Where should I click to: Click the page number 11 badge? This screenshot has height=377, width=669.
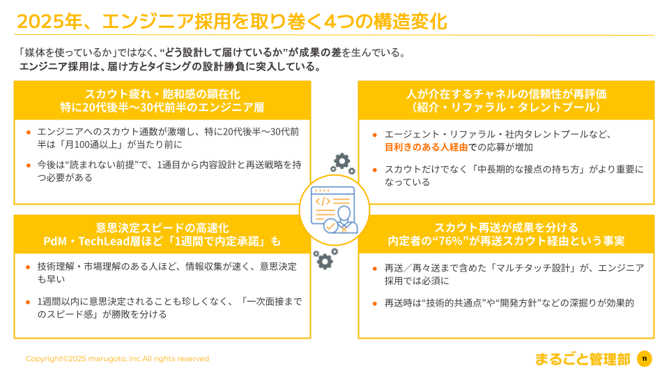pyautogui.click(x=644, y=359)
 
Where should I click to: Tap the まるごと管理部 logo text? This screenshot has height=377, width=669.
pyautogui.click(x=582, y=359)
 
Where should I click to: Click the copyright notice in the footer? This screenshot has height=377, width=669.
pyautogui.click(x=117, y=359)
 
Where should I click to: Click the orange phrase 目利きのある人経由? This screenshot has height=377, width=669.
pyautogui.click(x=426, y=147)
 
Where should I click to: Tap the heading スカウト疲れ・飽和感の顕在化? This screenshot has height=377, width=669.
pyautogui.click(x=162, y=94)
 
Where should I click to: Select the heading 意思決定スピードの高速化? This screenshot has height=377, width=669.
pyautogui.click(x=162, y=228)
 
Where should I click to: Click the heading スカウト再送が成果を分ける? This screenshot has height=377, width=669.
pyautogui.click(x=506, y=228)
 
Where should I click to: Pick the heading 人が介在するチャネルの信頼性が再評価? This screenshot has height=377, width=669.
pyautogui.click(x=506, y=94)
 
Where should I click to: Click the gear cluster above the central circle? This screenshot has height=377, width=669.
pyautogui.click(x=342, y=163)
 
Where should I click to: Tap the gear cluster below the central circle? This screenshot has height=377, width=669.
pyautogui.click(x=323, y=258)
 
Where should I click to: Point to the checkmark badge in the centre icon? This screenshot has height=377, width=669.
pyautogui.click(x=330, y=225)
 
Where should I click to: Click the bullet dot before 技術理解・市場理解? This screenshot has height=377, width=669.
pyautogui.click(x=28, y=267)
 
